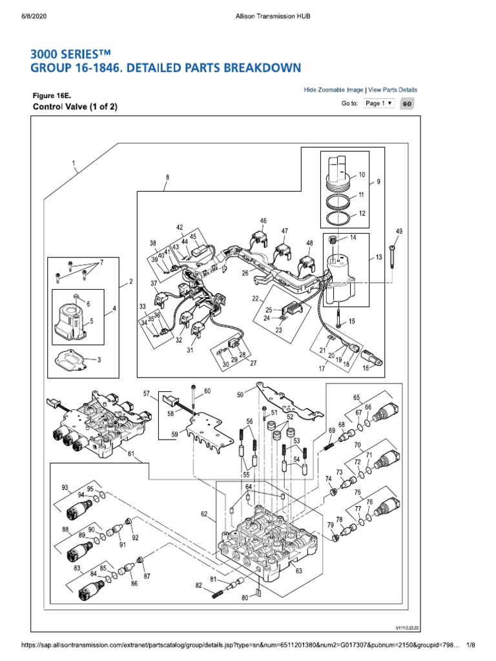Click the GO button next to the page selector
408,103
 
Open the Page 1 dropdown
378,103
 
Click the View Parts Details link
393,90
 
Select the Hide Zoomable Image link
333,90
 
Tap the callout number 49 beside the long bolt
398,231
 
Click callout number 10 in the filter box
362,174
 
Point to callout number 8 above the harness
167,176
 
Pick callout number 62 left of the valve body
204,514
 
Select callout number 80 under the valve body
245,597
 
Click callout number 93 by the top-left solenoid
65,487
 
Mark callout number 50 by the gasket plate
240,394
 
